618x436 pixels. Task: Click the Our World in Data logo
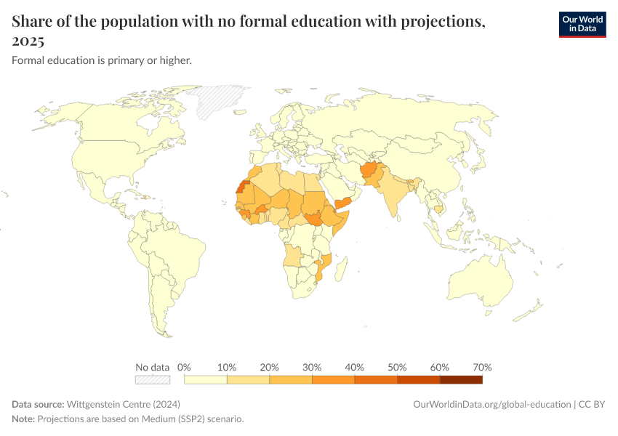[582, 24]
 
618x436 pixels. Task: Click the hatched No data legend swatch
[153, 379]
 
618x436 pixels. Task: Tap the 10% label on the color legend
[227, 367]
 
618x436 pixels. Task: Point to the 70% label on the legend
[482, 367]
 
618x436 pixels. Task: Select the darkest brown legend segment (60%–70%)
[461, 379]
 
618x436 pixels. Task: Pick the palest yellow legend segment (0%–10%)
[206, 379]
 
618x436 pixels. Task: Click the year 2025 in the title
[28, 41]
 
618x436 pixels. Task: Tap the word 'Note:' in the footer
[23, 419]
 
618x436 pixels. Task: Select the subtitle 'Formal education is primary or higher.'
[102, 60]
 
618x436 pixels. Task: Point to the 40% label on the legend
[354, 367]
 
